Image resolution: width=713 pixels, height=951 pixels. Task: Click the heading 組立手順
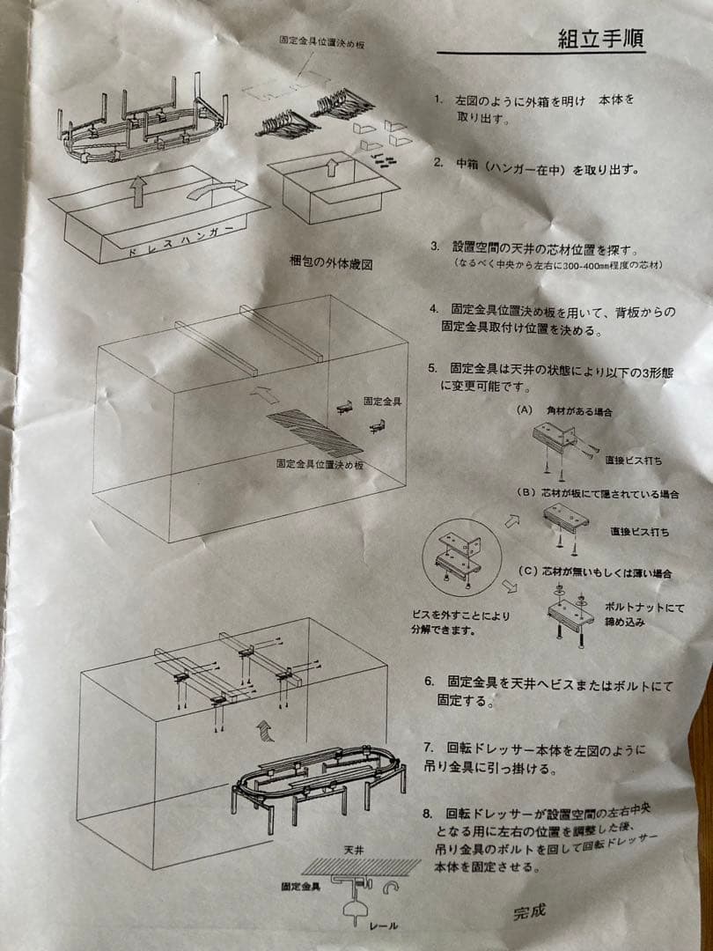(x=600, y=39)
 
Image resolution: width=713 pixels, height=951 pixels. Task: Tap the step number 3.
(x=435, y=247)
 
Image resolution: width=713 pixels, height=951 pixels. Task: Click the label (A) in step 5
(x=525, y=410)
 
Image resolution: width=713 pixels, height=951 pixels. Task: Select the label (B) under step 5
(x=525, y=492)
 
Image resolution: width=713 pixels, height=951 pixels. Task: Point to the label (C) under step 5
(x=528, y=571)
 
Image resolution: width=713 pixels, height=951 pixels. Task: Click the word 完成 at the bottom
(x=529, y=911)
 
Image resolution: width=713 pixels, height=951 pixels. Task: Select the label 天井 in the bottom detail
(x=354, y=851)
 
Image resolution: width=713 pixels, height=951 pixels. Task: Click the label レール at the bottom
(x=384, y=926)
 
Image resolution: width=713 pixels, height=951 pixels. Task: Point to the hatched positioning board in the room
(x=314, y=432)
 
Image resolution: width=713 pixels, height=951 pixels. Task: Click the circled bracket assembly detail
(x=461, y=557)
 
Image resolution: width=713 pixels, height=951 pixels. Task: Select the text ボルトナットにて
(x=644, y=607)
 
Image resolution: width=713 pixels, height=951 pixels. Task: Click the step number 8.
(x=429, y=814)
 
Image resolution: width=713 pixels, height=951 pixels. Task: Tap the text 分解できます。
(x=443, y=630)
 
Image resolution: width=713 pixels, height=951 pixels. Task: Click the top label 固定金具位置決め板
(x=321, y=41)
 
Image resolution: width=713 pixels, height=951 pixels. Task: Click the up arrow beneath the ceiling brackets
(x=264, y=731)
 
